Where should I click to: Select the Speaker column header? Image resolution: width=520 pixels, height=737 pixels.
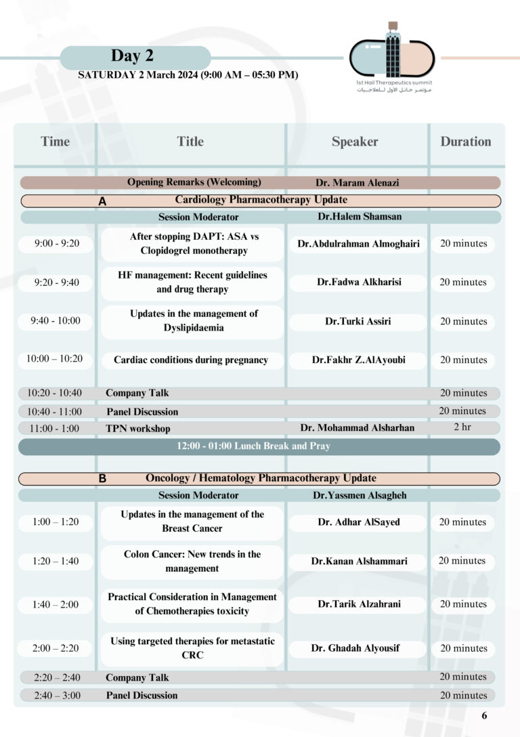point(355,142)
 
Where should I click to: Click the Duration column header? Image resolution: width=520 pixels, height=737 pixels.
point(465,142)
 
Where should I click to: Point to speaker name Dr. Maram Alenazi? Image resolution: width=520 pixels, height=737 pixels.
point(357,183)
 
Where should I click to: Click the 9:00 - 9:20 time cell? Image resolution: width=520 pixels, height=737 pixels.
point(57,244)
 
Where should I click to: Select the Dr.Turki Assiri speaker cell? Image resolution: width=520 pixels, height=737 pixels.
point(357,322)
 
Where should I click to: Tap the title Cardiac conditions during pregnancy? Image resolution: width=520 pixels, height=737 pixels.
point(191,360)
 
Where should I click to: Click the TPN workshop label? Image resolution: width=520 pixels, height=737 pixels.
point(137,429)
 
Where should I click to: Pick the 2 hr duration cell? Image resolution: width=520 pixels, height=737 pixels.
point(462,427)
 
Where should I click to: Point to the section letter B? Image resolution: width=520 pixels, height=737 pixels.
point(102,479)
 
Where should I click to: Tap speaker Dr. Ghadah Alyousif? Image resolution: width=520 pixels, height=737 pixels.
point(355,648)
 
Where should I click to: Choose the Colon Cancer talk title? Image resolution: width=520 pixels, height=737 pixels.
point(192,562)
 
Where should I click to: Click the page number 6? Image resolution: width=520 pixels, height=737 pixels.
point(484,715)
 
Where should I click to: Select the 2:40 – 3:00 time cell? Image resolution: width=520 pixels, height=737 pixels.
point(57,695)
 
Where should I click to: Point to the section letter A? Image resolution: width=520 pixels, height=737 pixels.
point(102,201)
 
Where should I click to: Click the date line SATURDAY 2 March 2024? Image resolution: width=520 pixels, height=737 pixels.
point(188,75)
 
